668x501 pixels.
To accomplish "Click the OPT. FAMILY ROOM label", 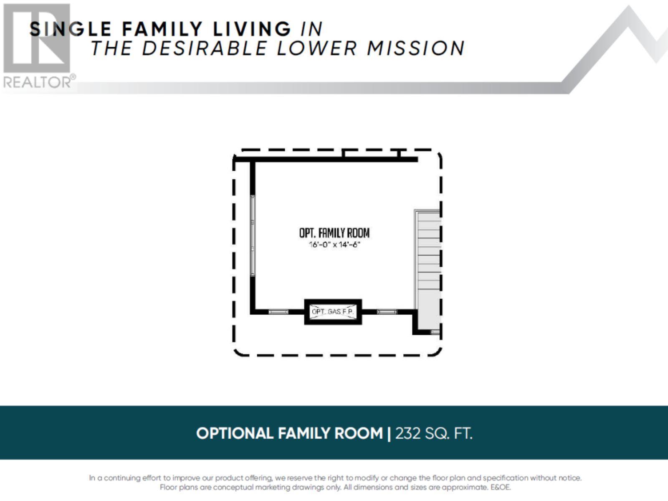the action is pyautogui.click(x=334, y=233).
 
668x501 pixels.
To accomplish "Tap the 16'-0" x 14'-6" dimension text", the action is pyautogui.click(x=334, y=245).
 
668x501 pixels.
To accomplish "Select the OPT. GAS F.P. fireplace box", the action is pyautogui.click(x=333, y=312).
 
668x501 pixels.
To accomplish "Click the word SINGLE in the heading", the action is pyautogui.click(x=70, y=29).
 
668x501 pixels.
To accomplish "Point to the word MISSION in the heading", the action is pyautogui.click(x=416, y=48).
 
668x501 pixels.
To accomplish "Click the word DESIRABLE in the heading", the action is pyautogui.click(x=204, y=48).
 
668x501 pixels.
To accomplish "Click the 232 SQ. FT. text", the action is pyautogui.click(x=434, y=433).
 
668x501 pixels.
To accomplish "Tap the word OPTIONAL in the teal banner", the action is pyautogui.click(x=235, y=433).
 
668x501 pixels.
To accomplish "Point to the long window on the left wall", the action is pyautogui.click(x=253, y=235).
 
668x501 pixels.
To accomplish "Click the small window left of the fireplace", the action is pyautogui.click(x=278, y=312).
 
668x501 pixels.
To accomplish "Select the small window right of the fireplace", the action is pyautogui.click(x=387, y=312).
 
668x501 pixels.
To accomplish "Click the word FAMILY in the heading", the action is pyautogui.click(x=162, y=29).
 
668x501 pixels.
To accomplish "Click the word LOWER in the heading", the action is pyautogui.click(x=316, y=48).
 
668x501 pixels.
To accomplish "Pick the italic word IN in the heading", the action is pyautogui.click(x=311, y=29).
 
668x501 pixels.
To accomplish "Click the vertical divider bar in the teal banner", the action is pyautogui.click(x=389, y=433).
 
